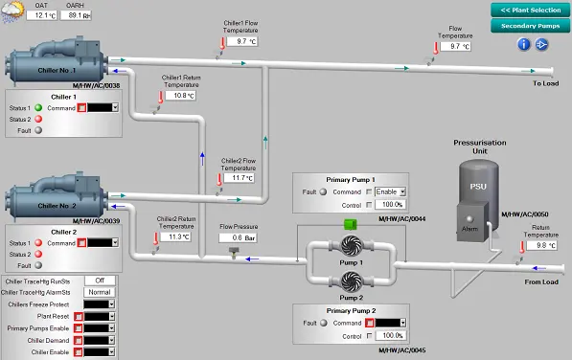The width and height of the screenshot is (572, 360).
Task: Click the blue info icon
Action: [524, 44]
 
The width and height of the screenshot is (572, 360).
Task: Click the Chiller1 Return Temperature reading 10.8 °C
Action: [180, 96]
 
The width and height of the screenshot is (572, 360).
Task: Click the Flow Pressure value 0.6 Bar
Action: [231, 237]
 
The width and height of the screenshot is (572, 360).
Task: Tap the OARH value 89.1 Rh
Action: [79, 15]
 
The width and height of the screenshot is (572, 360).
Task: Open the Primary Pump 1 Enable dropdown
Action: [391, 191]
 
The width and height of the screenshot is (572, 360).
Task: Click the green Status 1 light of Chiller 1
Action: [38, 108]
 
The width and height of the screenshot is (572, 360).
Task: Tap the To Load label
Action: [545, 83]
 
